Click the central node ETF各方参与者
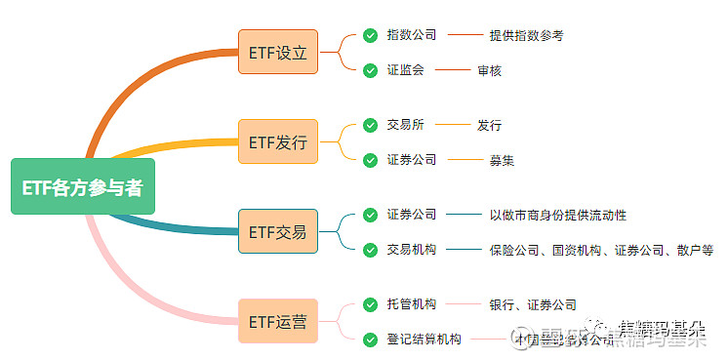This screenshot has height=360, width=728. pos(82,186)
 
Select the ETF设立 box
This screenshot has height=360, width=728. pos(277,52)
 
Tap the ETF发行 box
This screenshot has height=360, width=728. pos(277,141)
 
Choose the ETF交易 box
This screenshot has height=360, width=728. pos(277,231)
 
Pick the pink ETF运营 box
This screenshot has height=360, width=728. pos(277,321)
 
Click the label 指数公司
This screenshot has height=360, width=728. pos(412,35)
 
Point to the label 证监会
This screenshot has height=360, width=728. pos(405,70)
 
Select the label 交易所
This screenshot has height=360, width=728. pos(405,125)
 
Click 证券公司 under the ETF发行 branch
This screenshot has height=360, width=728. pos(412,160)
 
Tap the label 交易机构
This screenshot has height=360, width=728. pos(412,250)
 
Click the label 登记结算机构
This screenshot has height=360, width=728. pos(425,340)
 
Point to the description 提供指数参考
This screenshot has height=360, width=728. pos(527,35)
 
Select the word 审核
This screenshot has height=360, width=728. pos(490,70)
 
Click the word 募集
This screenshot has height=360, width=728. pos(502,160)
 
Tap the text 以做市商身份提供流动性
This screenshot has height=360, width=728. pos(557,215)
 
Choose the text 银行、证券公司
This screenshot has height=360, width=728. pos(533,304)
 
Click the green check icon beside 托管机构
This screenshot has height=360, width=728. pos(370,304)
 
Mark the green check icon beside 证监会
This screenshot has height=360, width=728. pos(370,70)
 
